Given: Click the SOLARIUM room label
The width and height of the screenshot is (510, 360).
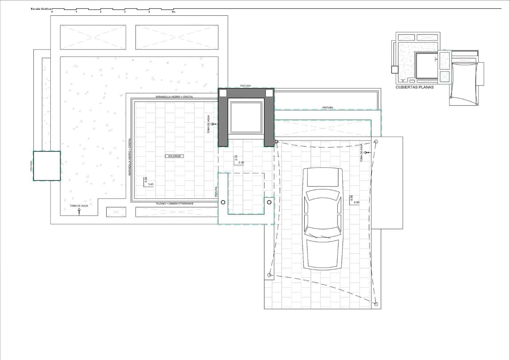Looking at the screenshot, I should pyautogui.click(x=174, y=156).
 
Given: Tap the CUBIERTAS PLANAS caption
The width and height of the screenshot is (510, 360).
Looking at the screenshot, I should pyautogui.click(x=414, y=87).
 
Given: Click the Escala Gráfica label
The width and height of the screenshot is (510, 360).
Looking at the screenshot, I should pyautogui.click(x=41, y=9).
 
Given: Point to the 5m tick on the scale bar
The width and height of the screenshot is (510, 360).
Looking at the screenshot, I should pyautogui.click(x=173, y=12).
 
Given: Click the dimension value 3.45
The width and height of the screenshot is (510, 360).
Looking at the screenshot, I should pyautogui.click(x=151, y=184).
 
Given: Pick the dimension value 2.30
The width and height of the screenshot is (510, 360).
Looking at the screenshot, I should pyautogui.click(x=241, y=163).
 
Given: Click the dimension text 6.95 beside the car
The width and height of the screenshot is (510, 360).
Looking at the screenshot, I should pyautogui.click(x=351, y=198).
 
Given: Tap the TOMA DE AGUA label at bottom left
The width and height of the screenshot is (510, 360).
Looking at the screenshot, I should pyautogui.click(x=79, y=206).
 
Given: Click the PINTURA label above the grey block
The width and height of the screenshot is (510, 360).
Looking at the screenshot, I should pyautogui.click(x=245, y=86).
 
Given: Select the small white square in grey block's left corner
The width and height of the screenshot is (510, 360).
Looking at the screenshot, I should pyautogui.click(x=223, y=93).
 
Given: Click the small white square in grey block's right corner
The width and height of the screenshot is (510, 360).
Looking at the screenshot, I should pyautogui.click(x=269, y=93).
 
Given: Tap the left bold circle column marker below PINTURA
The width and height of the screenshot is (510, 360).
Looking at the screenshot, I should pyautogui.click(x=223, y=202).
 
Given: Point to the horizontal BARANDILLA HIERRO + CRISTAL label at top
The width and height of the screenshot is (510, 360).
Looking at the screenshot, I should pyautogui.click(x=174, y=97).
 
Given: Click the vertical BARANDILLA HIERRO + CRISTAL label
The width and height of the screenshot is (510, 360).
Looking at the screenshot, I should pyautogui.click(x=129, y=157).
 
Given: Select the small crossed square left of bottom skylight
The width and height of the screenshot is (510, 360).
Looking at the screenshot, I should pyautogui.click(x=116, y=212).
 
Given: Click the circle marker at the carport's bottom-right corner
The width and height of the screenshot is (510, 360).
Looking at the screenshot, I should pyautogui.click(x=376, y=304).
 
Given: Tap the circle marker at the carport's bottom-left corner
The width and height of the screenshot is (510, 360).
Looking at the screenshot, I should pyautogui.click(x=269, y=275).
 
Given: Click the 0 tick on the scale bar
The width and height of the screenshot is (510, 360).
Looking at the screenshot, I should pyautogui.click(x=52, y=12).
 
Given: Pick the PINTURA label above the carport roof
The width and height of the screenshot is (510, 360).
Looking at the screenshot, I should pyautogui.click(x=327, y=108).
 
